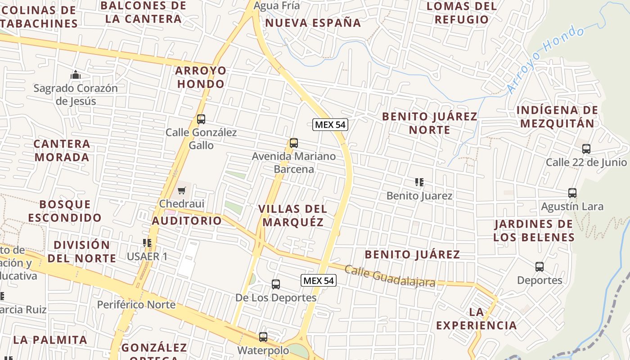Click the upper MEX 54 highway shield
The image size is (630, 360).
click(330, 125)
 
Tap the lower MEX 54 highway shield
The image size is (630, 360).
click(319, 281)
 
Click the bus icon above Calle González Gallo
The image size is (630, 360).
click(201, 119)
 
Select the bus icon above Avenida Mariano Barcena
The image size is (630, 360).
click(294, 143)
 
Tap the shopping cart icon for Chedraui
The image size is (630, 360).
click(181, 191)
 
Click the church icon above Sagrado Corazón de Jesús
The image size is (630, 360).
click(76, 75)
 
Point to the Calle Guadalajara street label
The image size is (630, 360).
click(390, 276)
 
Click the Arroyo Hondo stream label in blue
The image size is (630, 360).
click(546, 59)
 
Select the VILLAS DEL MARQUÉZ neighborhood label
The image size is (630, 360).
click(293, 216)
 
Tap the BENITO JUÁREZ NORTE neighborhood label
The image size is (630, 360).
click(430, 123)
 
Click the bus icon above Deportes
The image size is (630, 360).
click(540, 267)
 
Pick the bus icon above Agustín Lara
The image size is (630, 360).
click(572, 193)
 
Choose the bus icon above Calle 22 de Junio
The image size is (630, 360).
click(586, 149)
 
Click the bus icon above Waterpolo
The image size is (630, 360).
click(263, 337)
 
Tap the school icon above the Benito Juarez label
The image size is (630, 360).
click(419, 182)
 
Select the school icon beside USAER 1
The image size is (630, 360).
click(147, 243)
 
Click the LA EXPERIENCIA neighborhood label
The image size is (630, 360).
click(477, 319)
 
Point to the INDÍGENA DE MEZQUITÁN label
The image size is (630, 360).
click(557, 117)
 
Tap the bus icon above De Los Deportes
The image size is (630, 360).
click(276, 284)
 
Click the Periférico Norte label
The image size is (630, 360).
click(136, 305)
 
